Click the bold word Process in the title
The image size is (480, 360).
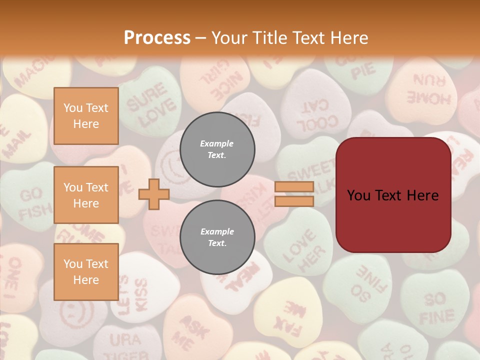coord(157,37)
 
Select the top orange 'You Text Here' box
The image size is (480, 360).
coord(86,116)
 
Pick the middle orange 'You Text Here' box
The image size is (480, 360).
coord(86,195)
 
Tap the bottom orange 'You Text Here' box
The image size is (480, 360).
coord(86,271)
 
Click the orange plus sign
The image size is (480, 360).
coord(154,194)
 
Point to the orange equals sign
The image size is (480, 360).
coord(294,194)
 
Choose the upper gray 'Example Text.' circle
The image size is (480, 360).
coord(217,149)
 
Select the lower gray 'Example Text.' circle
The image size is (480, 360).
coord(217,237)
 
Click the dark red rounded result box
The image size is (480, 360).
coord(393,195)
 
